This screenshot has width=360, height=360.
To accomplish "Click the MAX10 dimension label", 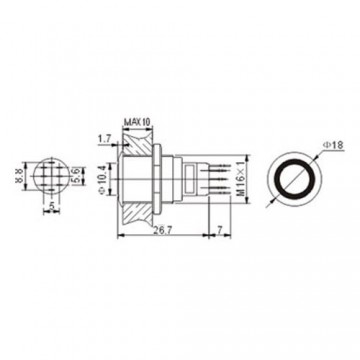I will click(137, 123).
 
